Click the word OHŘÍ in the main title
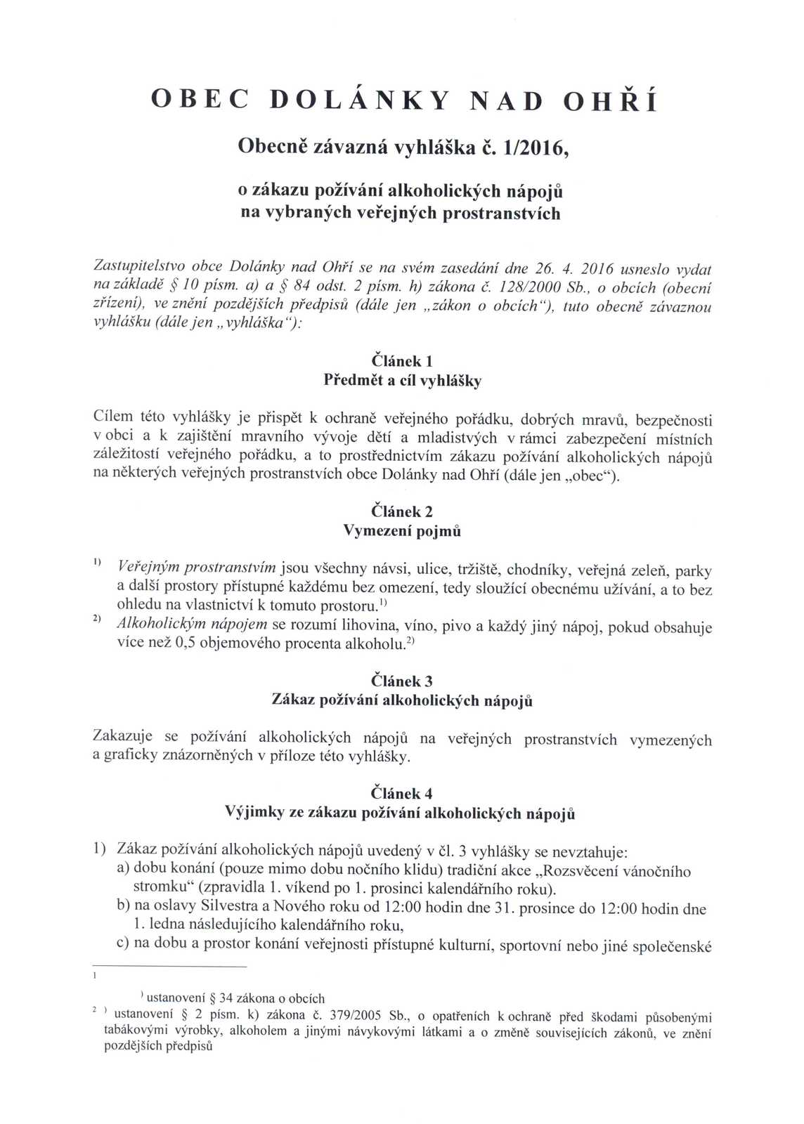tap(611, 102)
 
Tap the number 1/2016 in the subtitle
tap(533, 147)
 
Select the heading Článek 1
tap(401, 361)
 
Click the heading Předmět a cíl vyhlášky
tap(402, 381)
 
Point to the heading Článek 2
tap(401, 511)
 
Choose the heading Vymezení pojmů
tap(402, 531)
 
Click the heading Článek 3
tap(401, 681)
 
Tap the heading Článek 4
tap(401, 793)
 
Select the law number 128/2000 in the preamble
tap(527, 287)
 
